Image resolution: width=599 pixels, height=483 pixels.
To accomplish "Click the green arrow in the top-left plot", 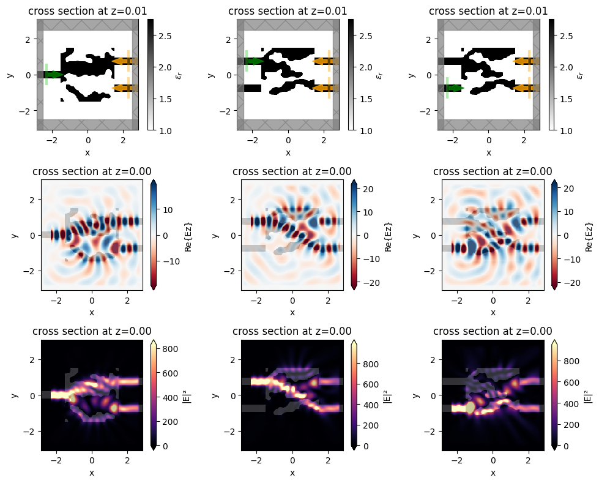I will click(x=54, y=75).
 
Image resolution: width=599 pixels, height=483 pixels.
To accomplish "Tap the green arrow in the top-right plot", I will click(x=455, y=88).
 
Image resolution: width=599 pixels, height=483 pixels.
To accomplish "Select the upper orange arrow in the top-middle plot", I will click(x=322, y=61).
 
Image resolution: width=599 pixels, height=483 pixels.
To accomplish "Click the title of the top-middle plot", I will click(x=288, y=11).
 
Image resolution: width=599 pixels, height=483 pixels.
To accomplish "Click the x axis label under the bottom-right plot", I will click(x=493, y=473).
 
